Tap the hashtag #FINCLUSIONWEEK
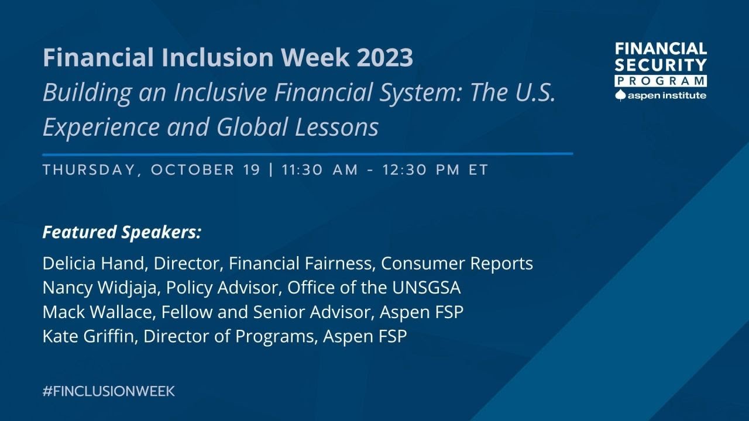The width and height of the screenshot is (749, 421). [109, 391]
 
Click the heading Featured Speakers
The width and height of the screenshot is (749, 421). [122, 232]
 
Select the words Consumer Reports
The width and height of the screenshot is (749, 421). [456, 264]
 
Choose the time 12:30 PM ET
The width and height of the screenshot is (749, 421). [435, 170]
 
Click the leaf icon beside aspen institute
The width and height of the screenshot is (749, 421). [621, 95]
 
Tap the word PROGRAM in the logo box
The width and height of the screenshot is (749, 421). [661, 81]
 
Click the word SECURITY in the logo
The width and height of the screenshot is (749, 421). [661, 64]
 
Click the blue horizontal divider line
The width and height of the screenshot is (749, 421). [307, 154]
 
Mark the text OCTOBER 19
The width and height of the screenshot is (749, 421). [205, 170]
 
